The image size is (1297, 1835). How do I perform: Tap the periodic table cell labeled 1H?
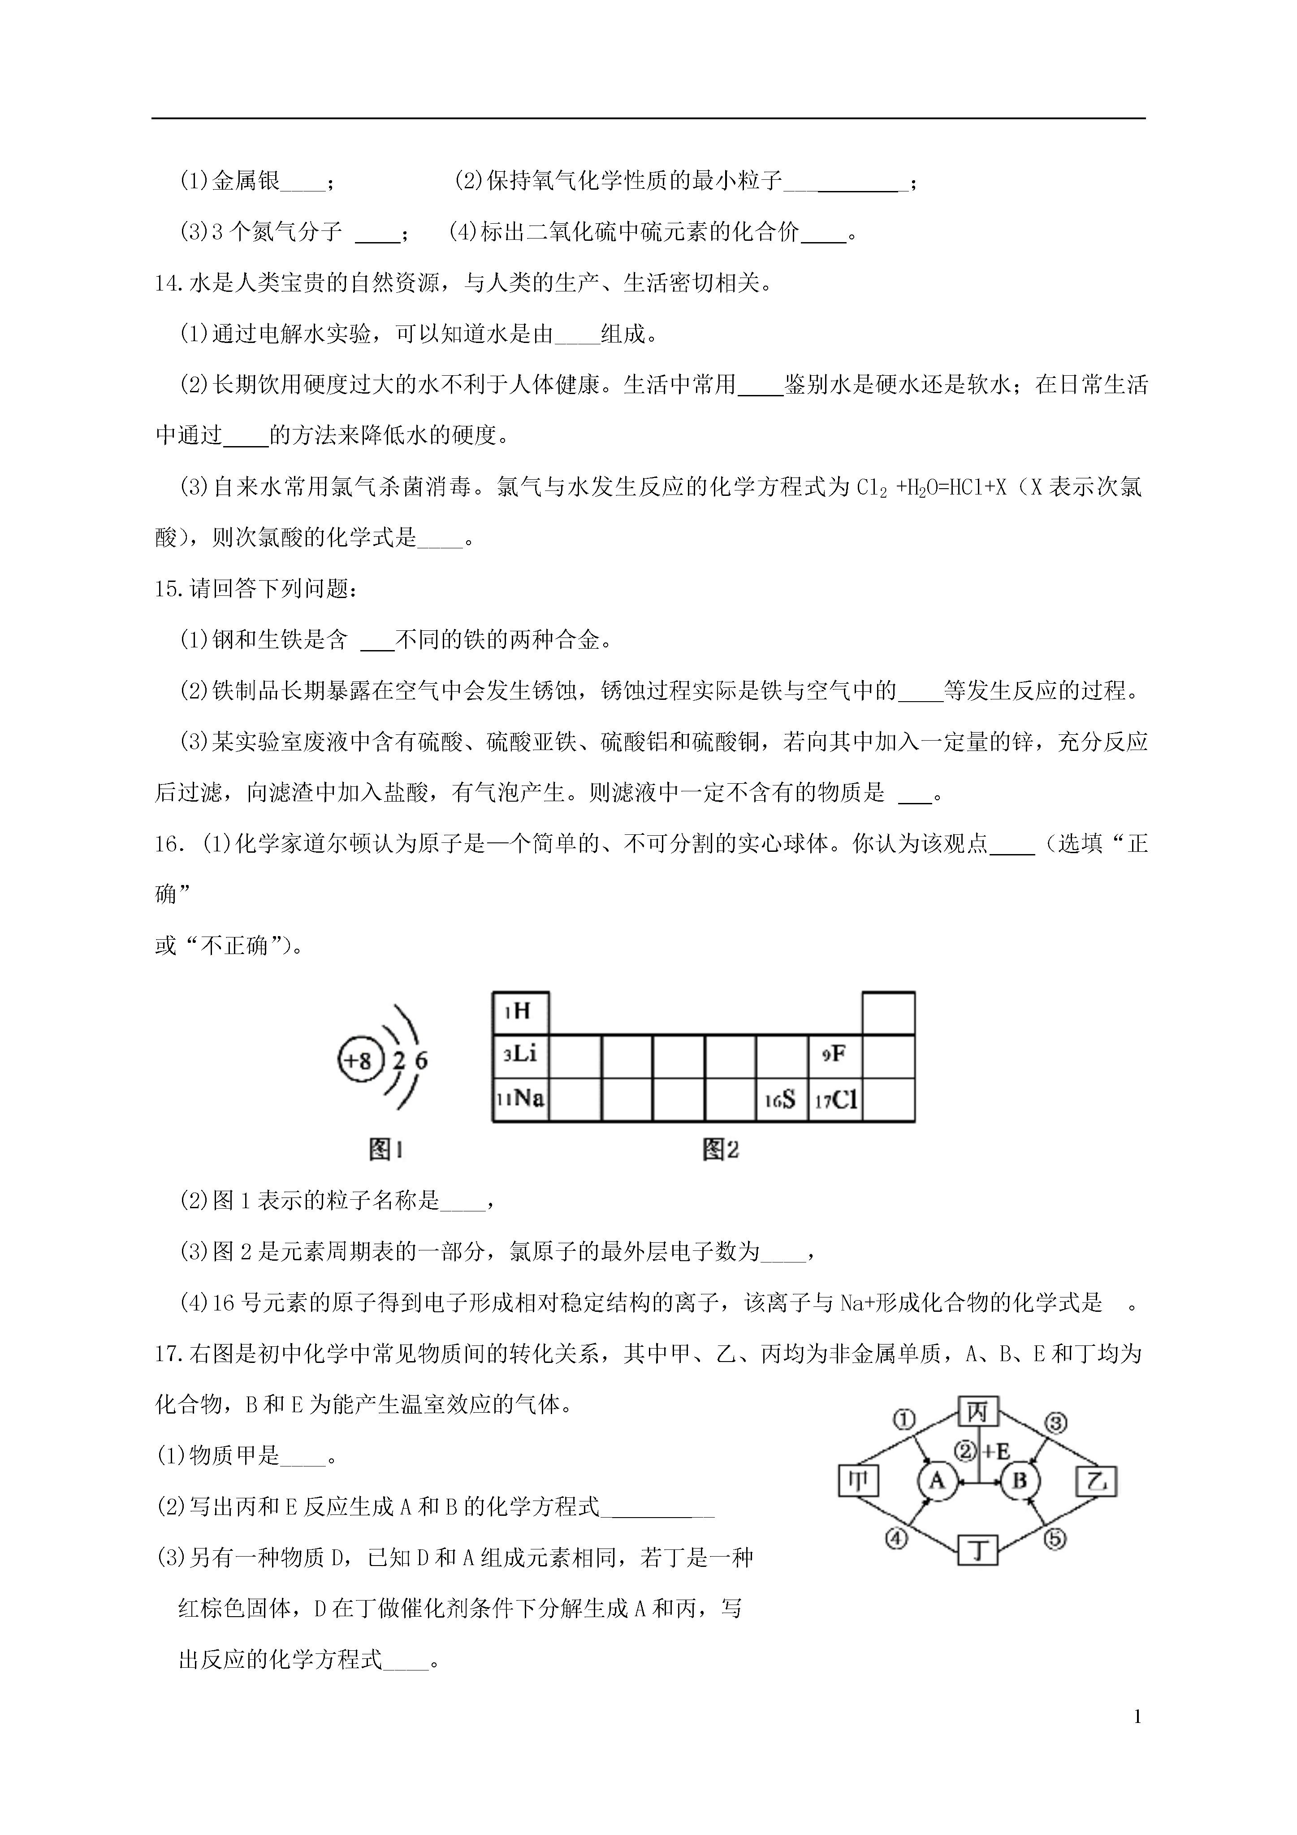(520, 1013)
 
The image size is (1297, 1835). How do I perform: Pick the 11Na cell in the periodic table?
(520, 1099)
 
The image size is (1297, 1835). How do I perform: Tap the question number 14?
(169, 284)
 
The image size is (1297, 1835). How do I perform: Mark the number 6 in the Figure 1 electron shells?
(421, 1061)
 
